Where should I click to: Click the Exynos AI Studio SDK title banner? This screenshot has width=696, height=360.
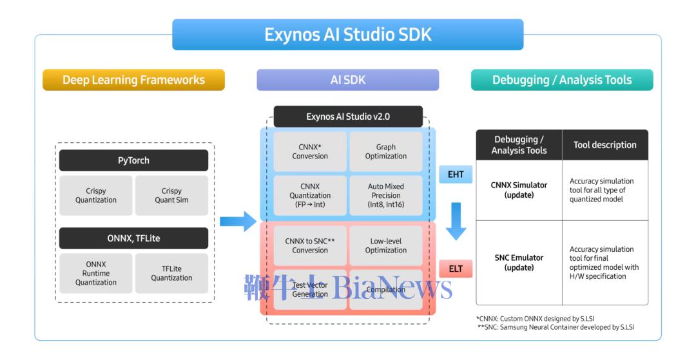point(347,35)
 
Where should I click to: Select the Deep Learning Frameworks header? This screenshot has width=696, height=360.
point(133,81)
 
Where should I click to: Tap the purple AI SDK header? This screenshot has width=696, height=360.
point(347,81)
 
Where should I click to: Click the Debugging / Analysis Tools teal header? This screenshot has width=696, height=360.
point(562,81)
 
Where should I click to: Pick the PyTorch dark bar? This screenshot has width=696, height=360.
point(133,160)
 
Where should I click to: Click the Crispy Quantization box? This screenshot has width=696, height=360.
point(95,195)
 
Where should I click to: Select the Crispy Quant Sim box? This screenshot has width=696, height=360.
point(171,195)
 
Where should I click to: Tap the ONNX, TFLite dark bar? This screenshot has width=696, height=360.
point(133,238)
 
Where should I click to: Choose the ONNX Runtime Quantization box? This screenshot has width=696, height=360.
point(95,273)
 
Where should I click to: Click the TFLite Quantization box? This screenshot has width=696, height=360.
point(171,273)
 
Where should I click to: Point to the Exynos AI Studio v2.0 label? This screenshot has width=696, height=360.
point(348,117)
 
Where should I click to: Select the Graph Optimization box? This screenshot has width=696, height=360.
point(386,151)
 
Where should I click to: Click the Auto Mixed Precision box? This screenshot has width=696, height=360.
point(386,195)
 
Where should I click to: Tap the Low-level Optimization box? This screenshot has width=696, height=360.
point(386,245)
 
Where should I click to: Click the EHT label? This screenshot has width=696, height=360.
point(456,175)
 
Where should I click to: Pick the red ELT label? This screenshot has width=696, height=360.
point(456,269)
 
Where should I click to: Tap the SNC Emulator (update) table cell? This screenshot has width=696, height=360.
point(519,262)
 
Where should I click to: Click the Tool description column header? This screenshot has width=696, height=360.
point(604,145)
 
